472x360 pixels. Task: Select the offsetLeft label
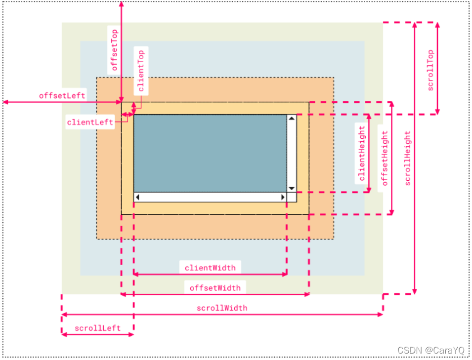[62, 95]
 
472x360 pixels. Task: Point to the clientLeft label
[90, 121]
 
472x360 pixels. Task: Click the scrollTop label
[430, 70]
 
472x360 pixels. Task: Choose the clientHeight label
[362, 154]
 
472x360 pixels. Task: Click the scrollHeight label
[407, 158]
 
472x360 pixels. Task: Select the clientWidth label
[210, 268]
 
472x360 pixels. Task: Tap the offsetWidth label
[215, 287]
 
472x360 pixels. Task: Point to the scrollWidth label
[222, 308]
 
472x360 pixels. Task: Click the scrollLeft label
[97, 328]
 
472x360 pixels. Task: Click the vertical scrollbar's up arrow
[292, 119]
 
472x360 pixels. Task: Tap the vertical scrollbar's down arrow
[292, 188]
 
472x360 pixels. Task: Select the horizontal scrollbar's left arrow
[137, 197]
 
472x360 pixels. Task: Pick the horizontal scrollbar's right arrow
[283, 197]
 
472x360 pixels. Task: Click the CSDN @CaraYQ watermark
[431, 350]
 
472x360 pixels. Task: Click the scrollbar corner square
[292, 197]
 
